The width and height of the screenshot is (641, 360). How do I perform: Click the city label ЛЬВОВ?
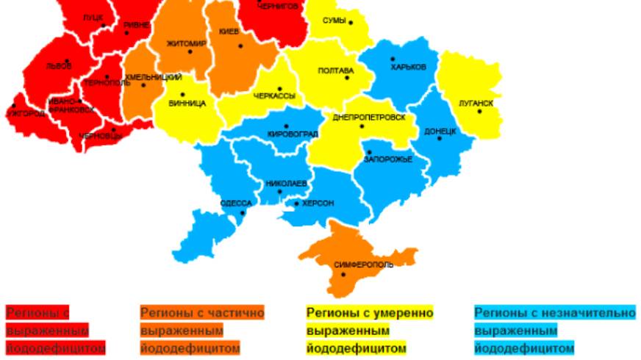(x=59, y=66)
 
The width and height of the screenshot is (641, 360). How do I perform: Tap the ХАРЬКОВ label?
(x=409, y=66)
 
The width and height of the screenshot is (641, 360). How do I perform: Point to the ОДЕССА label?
(x=236, y=203)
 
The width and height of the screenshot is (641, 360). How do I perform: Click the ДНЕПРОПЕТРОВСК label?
(x=369, y=117)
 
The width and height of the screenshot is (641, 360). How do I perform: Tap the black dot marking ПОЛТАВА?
(x=352, y=72)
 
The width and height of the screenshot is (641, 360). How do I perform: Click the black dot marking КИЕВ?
(x=239, y=46)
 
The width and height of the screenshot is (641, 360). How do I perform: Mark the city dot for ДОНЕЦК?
(x=440, y=139)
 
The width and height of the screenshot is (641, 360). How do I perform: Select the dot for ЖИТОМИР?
(x=190, y=51)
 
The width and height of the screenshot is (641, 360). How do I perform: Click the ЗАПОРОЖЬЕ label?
(x=388, y=159)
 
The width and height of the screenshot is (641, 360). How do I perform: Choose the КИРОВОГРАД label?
(x=293, y=135)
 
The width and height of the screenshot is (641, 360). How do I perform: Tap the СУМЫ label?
(x=334, y=21)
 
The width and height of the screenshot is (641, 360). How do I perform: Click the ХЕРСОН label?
(x=318, y=204)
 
